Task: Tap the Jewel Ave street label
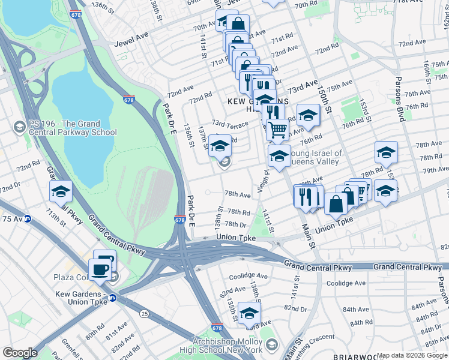click(x=130, y=44)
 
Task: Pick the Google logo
click(x=20, y=353)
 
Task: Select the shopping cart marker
click(x=277, y=129)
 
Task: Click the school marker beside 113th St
click(x=61, y=191)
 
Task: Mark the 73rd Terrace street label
click(x=229, y=124)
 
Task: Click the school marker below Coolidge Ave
click(x=249, y=313)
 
